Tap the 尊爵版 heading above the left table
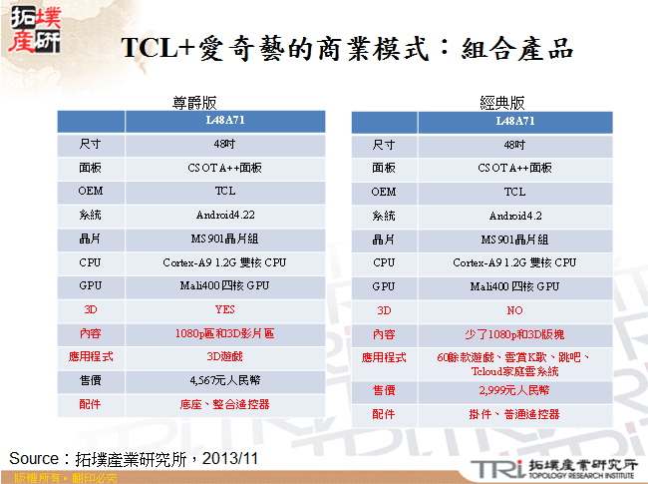(195, 103)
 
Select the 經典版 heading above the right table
(502, 103)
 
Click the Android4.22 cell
(224, 215)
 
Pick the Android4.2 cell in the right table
(514, 215)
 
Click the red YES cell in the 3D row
(224, 310)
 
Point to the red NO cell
(514, 310)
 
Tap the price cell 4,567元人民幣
(224, 381)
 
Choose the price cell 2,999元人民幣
(514, 390)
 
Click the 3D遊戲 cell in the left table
(224, 357)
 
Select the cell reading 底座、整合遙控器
(224, 405)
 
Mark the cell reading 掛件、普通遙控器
(514, 414)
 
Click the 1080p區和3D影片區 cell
(224, 334)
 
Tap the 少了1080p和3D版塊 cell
(514, 334)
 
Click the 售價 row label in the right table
(384, 390)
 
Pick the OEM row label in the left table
(91, 191)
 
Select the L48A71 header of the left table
(224, 121)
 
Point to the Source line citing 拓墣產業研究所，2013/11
(134, 458)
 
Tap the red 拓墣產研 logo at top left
(34, 31)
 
